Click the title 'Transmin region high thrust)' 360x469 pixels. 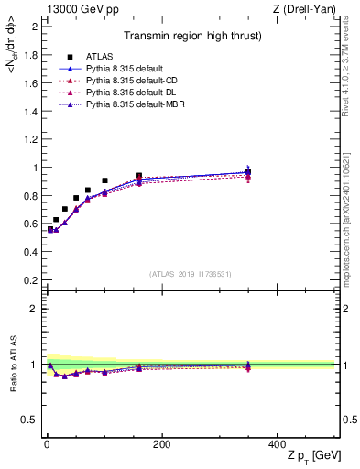coord(190,37)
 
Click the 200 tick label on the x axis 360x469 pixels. coord(161,444)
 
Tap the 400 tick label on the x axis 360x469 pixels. coord(276,444)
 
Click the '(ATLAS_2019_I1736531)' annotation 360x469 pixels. coord(191,274)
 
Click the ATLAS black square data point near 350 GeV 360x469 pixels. coord(247,171)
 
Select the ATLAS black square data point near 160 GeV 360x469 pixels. coord(139,176)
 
